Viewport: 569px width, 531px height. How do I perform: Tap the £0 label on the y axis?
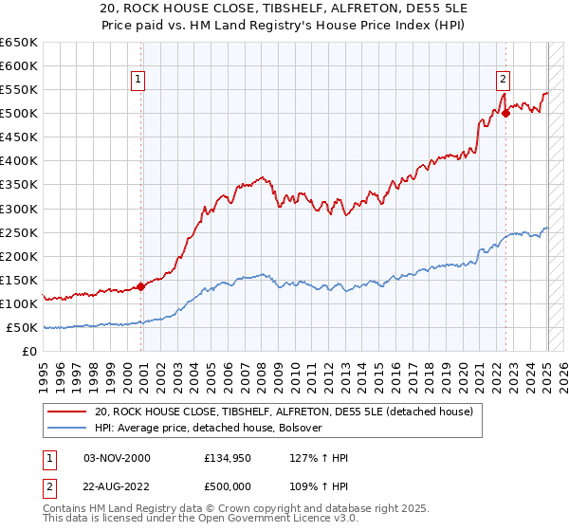(29, 351)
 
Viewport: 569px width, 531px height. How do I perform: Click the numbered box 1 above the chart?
(138, 81)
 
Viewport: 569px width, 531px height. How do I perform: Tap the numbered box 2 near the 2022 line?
(503, 81)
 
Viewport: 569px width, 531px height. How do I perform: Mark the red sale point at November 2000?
(141, 286)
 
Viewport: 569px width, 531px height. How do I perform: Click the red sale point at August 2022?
(505, 113)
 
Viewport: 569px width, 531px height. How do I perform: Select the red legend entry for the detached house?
(290, 412)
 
